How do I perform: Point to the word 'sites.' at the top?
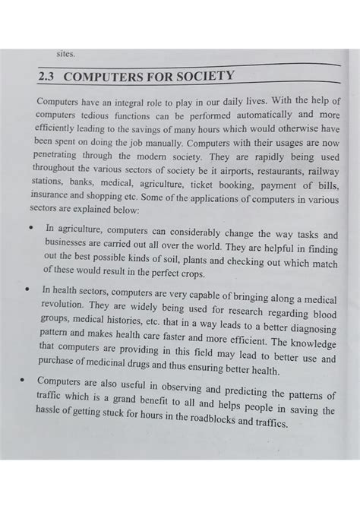click(x=66, y=53)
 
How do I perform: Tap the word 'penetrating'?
click(x=59, y=157)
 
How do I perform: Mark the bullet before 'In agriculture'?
click(x=29, y=226)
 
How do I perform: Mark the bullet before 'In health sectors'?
click(x=28, y=290)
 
